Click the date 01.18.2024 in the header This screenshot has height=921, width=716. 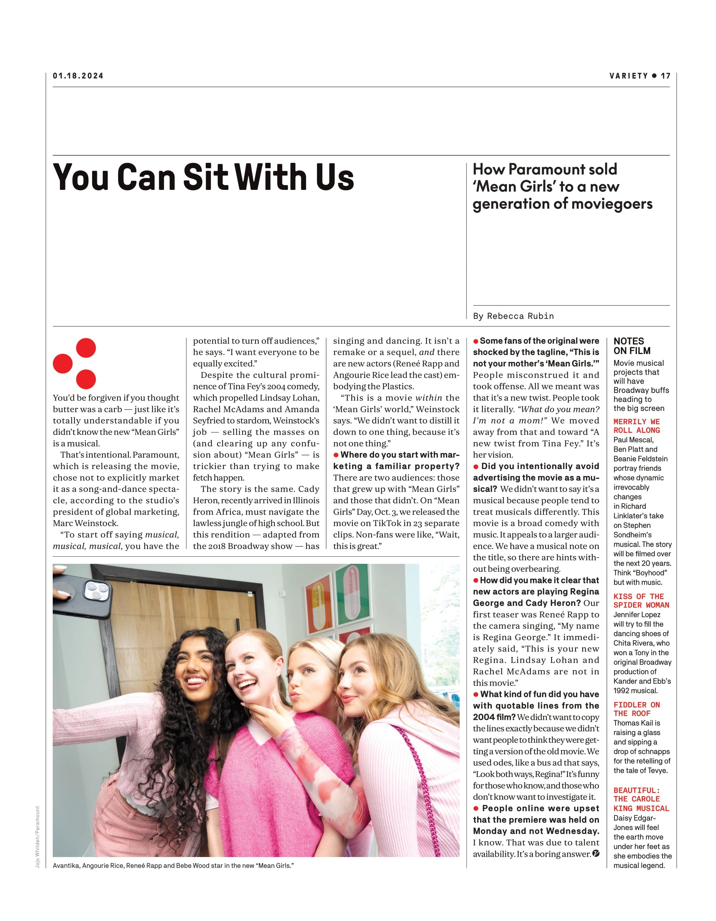point(78,76)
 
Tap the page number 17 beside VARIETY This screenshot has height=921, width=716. point(665,76)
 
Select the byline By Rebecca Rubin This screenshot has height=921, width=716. point(513,316)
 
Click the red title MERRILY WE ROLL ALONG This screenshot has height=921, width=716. point(637,426)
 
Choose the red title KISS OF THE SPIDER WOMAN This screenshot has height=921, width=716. point(641,600)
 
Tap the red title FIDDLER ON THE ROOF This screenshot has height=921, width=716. point(636,709)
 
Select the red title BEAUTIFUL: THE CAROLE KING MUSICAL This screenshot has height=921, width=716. point(641,799)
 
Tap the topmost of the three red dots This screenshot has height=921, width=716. point(86,348)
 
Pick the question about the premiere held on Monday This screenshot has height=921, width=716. point(536,820)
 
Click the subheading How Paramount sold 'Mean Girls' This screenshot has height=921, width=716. point(562,186)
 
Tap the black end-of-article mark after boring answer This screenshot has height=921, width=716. point(596,854)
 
